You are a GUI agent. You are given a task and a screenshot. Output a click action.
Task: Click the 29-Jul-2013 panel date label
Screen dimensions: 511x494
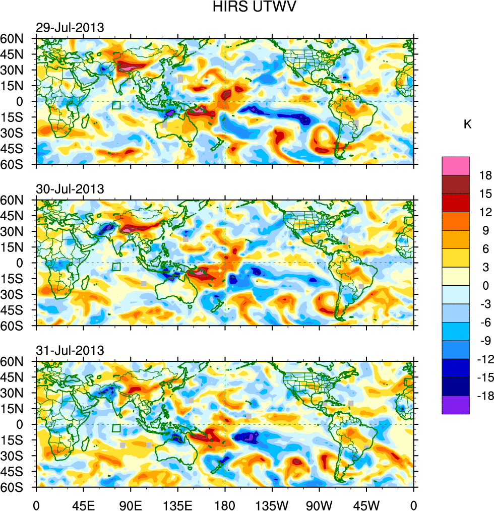click(70, 28)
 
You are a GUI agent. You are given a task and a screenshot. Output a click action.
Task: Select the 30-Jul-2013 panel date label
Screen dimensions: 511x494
click(70, 189)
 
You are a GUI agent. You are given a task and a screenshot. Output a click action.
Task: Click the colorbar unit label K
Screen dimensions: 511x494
click(468, 124)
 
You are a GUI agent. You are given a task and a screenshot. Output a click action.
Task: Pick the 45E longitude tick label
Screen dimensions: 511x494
click(83, 504)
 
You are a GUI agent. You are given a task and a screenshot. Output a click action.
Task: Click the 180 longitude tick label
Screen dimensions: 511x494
click(225, 504)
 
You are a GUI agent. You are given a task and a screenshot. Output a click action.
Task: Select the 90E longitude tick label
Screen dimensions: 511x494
click(131, 504)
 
